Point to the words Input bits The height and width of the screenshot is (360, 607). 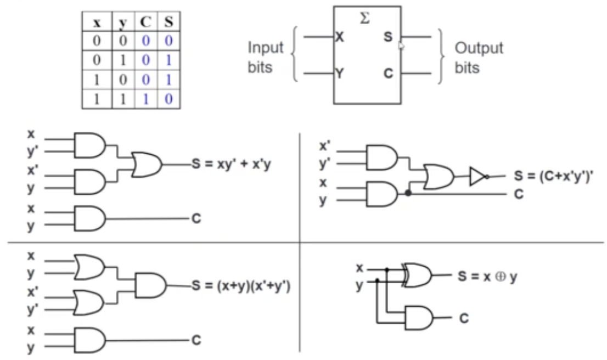(x=266, y=58)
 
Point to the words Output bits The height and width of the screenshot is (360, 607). (x=479, y=58)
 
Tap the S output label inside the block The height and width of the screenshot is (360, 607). (x=389, y=38)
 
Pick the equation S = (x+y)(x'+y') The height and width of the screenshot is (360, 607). (x=240, y=285)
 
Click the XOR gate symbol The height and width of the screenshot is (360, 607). (x=418, y=275)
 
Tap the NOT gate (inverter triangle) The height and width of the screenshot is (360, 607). (x=477, y=176)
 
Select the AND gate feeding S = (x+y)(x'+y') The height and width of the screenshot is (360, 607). (x=148, y=285)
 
